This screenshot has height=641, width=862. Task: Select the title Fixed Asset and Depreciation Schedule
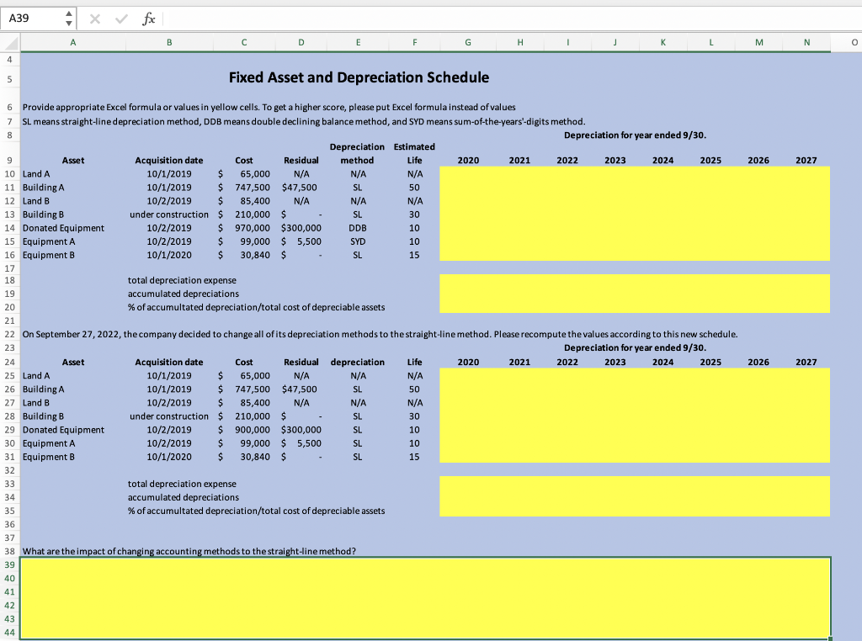tap(359, 77)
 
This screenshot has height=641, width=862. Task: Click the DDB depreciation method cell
tap(357, 227)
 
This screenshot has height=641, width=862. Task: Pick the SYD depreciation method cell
tap(357, 241)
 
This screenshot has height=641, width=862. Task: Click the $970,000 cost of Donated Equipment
tap(253, 227)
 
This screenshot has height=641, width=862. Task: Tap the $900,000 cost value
tap(253, 430)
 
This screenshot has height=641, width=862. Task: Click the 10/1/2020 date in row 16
tap(168, 254)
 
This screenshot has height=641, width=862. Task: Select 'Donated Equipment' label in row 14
tap(64, 227)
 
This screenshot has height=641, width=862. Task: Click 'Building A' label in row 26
tap(45, 389)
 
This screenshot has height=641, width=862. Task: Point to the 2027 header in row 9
tap(806, 160)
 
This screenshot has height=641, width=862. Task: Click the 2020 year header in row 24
tap(468, 362)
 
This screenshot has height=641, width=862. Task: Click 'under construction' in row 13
tap(168, 214)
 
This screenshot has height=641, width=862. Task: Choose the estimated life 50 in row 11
tap(413, 187)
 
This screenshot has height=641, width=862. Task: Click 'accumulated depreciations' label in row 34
tap(183, 497)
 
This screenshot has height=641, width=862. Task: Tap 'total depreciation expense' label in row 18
tap(182, 280)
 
